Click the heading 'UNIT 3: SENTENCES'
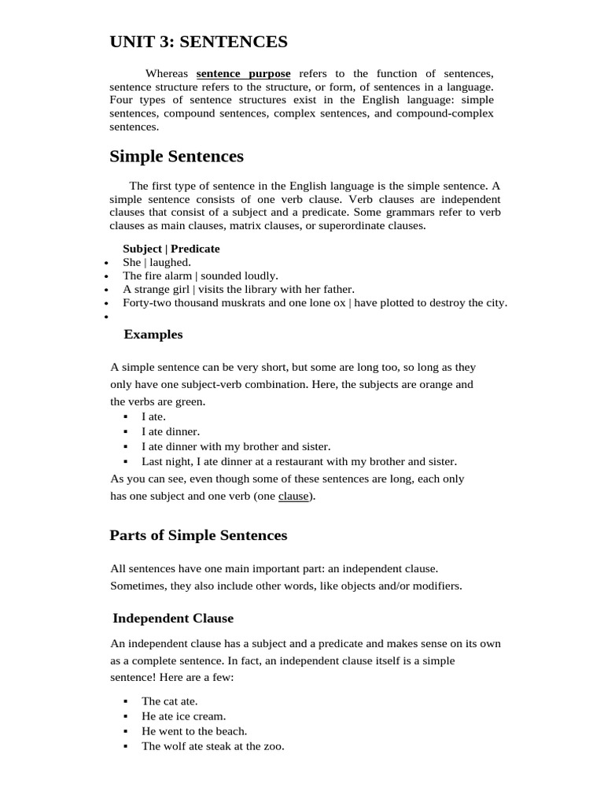pyautogui.click(x=198, y=42)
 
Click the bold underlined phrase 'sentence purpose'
pyautogui.click(x=243, y=74)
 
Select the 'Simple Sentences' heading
pyautogui.click(x=176, y=157)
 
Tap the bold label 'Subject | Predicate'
pyautogui.click(x=171, y=249)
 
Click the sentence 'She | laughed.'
pyautogui.click(x=157, y=262)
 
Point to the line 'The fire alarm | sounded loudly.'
pyautogui.click(x=201, y=275)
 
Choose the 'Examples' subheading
pyautogui.click(x=153, y=335)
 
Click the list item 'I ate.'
pyautogui.click(x=153, y=416)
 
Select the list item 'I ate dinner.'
pyautogui.click(x=171, y=431)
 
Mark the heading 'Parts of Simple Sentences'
pyautogui.click(x=198, y=536)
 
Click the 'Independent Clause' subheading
pyautogui.click(x=173, y=619)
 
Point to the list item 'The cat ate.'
pyautogui.click(x=170, y=701)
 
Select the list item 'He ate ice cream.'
pyautogui.click(x=183, y=716)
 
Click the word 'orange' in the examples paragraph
pyautogui.click(x=436, y=385)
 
